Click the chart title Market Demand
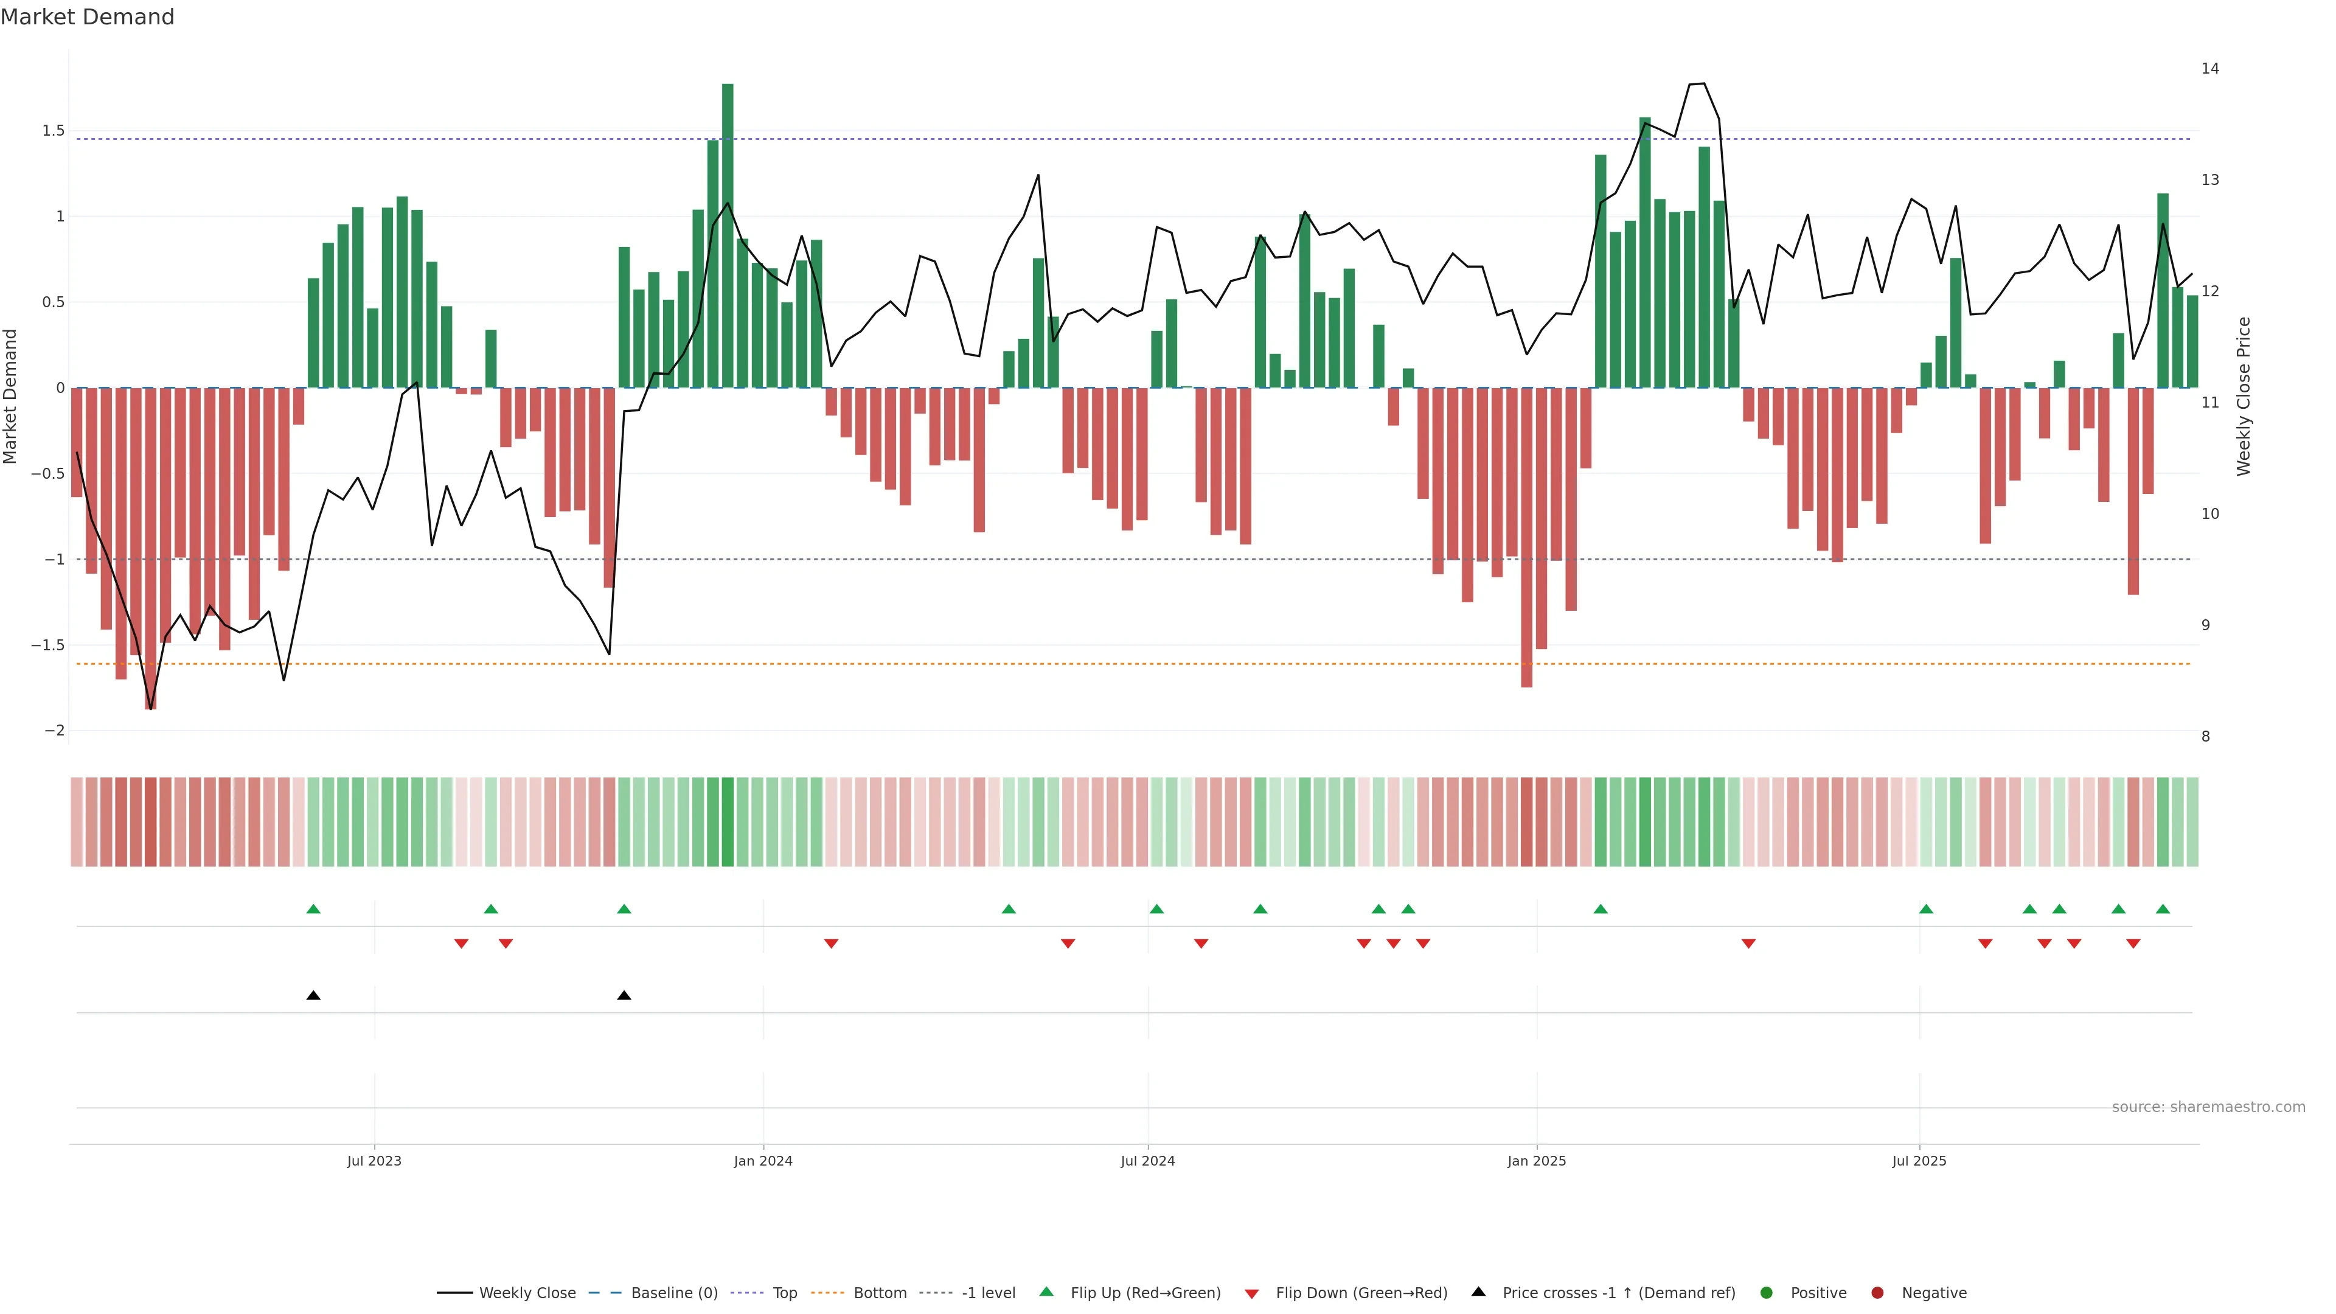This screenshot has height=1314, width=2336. (x=87, y=17)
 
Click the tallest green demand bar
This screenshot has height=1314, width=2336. (x=728, y=236)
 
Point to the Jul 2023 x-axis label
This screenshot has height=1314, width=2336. (x=374, y=1161)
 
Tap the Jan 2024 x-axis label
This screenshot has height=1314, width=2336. (x=763, y=1161)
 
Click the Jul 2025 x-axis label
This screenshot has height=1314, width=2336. (x=1919, y=1161)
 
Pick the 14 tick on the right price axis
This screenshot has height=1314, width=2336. (x=2210, y=69)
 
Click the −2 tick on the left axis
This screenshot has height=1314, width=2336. (x=54, y=731)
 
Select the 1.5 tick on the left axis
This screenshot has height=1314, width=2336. (x=54, y=131)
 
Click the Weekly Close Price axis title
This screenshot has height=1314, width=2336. (x=2244, y=396)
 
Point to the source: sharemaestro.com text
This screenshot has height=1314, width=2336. (x=2208, y=1107)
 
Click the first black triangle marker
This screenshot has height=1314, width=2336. (x=314, y=996)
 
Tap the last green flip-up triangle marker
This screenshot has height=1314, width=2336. (x=2163, y=909)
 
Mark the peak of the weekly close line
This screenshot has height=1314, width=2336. (x=1703, y=83)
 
